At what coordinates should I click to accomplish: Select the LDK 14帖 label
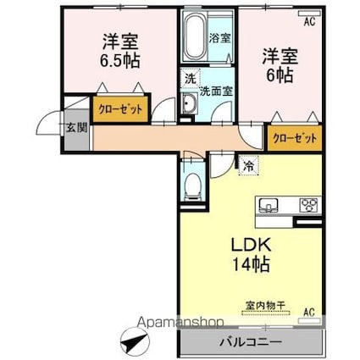click(252, 254)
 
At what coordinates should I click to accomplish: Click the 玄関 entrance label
click(75, 129)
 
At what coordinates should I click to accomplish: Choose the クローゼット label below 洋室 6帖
click(295, 138)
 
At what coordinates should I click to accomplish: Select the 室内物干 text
click(263, 305)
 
